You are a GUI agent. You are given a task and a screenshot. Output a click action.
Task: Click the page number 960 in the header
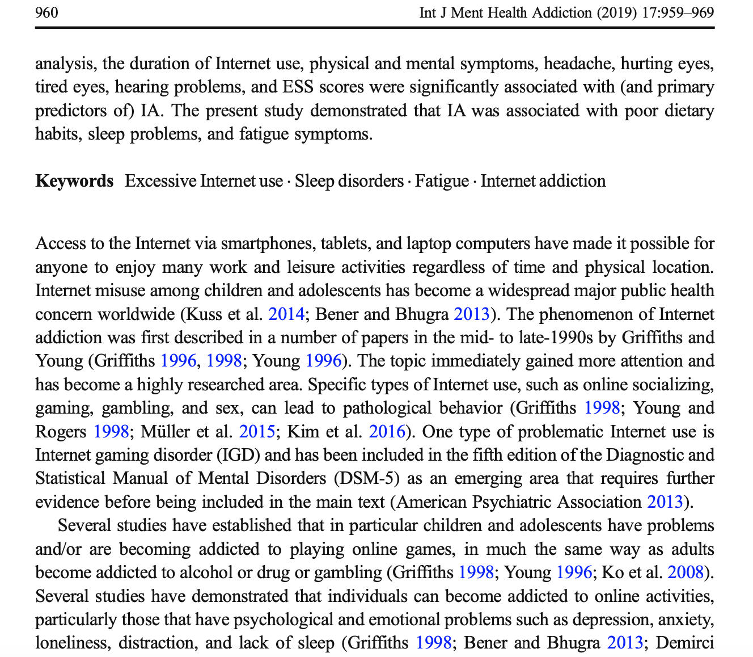pos(46,12)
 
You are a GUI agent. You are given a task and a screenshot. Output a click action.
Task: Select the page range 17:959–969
pos(678,12)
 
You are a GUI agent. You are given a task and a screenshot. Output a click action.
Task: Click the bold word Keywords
pos(74,181)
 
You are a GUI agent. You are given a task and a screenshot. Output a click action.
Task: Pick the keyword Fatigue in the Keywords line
pos(442,181)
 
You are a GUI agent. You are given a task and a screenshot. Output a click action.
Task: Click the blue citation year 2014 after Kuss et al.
pos(286,314)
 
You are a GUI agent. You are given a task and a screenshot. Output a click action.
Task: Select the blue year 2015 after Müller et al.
pos(257,432)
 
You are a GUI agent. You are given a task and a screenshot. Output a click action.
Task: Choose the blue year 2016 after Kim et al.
pos(387,432)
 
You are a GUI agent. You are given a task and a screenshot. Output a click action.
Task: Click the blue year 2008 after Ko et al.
pos(686,572)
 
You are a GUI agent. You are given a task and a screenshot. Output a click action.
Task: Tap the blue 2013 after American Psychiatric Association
pos(665,502)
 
